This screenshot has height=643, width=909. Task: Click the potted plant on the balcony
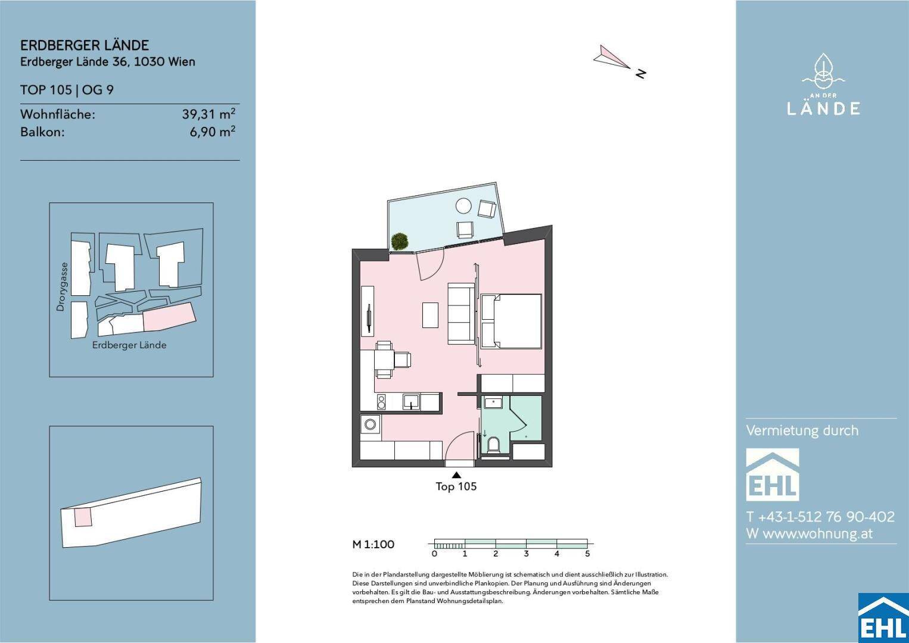[399, 241]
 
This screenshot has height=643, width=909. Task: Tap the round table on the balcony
[463, 205]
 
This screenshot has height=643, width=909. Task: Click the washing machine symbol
[370, 424]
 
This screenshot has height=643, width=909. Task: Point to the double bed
[511, 321]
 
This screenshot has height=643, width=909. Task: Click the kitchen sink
[412, 402]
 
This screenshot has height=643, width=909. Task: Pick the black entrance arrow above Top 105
[456, 475]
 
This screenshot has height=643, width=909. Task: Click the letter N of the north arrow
[640, 73]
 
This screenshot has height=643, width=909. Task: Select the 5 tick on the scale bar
[587, 553]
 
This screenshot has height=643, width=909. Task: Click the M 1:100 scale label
[373, 544]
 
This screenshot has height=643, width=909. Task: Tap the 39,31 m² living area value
[208, 114]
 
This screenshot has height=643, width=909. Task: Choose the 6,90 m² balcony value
[213, 132]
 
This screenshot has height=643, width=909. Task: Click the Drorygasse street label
[61, 287]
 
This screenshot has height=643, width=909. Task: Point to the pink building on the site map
[170, 317]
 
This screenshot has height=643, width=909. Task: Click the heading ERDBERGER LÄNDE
[85, 45]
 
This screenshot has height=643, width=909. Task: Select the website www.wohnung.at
[817, 534]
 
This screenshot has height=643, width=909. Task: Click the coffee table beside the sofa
[430, 315]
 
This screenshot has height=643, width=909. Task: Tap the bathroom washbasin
[493, 403]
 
